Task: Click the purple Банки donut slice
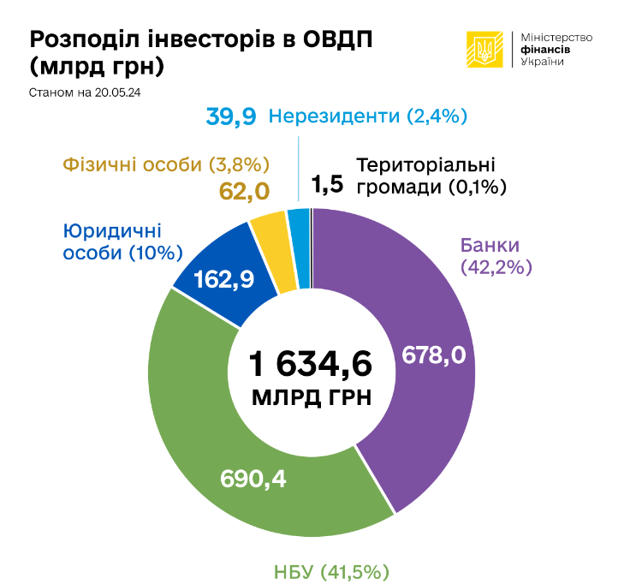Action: click(x=411, y=283)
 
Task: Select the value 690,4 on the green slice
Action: click(x=253, y=477)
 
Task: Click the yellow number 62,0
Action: click(x=244, y=190)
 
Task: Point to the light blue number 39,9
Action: click(x=231, y=116)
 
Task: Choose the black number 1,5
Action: click(x=327, y=184)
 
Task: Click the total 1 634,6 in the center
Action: click(x=312, y=364)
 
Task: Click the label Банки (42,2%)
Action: click(x=496, y=255)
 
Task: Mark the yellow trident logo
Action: click(x=484, y=50)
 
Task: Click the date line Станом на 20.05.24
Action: click(x=84, y=92)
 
